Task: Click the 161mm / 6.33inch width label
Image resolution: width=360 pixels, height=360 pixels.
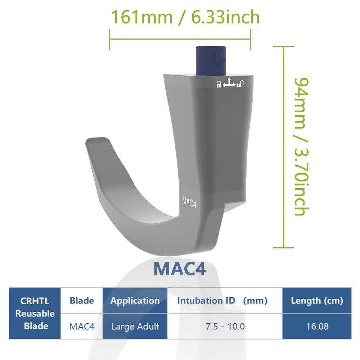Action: pos(185,17)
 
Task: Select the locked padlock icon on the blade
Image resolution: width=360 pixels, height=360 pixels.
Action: pos(219,85)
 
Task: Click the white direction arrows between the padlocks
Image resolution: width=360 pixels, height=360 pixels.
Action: pos(229,82)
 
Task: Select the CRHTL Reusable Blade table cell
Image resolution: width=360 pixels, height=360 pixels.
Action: pos(35,313)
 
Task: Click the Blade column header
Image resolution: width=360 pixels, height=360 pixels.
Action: pos(82,301)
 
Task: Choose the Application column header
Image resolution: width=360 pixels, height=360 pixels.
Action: pos(135,301)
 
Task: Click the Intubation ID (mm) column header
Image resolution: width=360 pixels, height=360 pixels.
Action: pos(222,301)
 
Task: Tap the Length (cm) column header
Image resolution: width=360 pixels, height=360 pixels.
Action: pos(317,301)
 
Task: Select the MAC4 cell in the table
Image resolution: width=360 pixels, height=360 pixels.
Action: pos(82,327)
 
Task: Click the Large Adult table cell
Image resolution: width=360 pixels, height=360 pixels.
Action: pos(135,327)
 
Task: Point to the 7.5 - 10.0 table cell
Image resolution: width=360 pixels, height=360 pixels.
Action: pos(225,327)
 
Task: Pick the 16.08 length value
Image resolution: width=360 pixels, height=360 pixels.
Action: pos(317,327)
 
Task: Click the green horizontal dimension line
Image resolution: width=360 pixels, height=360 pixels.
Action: pos(180,39)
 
